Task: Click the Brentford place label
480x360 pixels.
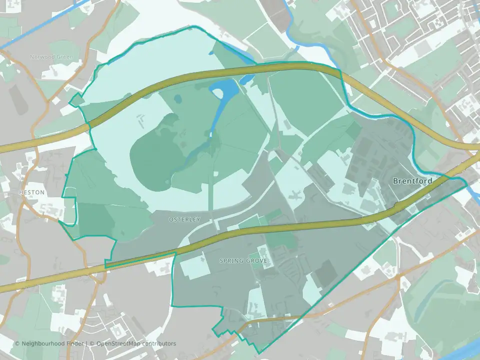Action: [412, 180]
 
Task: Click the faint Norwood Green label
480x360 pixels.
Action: [51, 57]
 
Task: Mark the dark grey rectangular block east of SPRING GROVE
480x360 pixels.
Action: [325, 273]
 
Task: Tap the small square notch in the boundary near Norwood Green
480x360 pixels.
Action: [75, 100]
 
